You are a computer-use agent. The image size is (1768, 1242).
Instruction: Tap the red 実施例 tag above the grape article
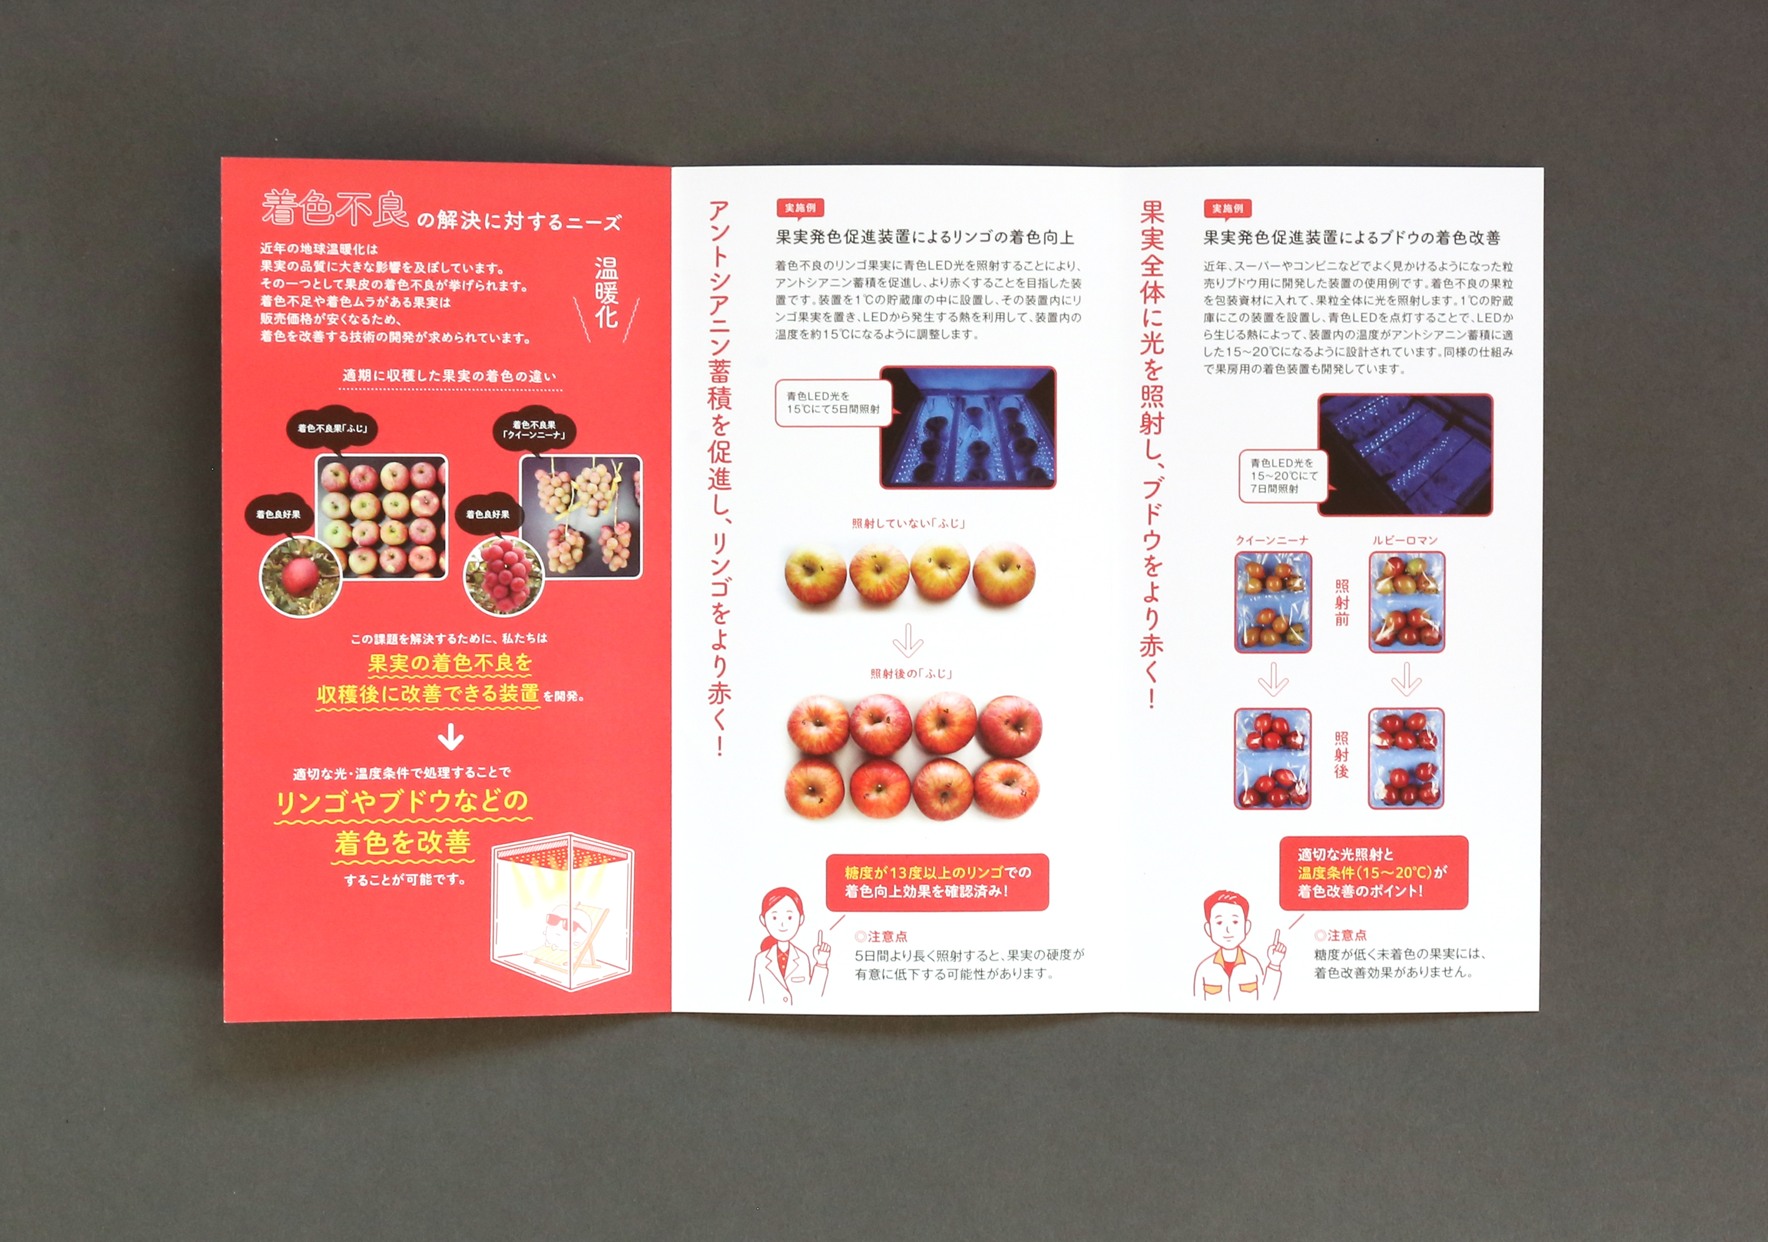[1227, 209]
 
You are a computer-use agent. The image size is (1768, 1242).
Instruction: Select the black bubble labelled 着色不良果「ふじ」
[334, 427]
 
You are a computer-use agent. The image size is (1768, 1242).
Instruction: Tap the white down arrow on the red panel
[450, 738]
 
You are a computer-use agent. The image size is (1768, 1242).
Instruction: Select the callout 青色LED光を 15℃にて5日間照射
[834, 403]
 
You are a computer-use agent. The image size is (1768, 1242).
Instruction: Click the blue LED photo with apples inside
[968, 426]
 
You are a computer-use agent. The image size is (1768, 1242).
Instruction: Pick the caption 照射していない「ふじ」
[909, 524]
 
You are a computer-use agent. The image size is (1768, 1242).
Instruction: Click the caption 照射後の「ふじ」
[912, 674]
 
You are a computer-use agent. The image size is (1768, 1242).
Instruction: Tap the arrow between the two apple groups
[908, 639]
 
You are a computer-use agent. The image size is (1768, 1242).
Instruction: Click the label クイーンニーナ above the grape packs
[1272, 541]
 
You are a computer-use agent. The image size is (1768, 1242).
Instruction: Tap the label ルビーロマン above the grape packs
[1405, 541]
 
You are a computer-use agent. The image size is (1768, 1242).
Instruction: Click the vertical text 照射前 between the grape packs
[1341, 603]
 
